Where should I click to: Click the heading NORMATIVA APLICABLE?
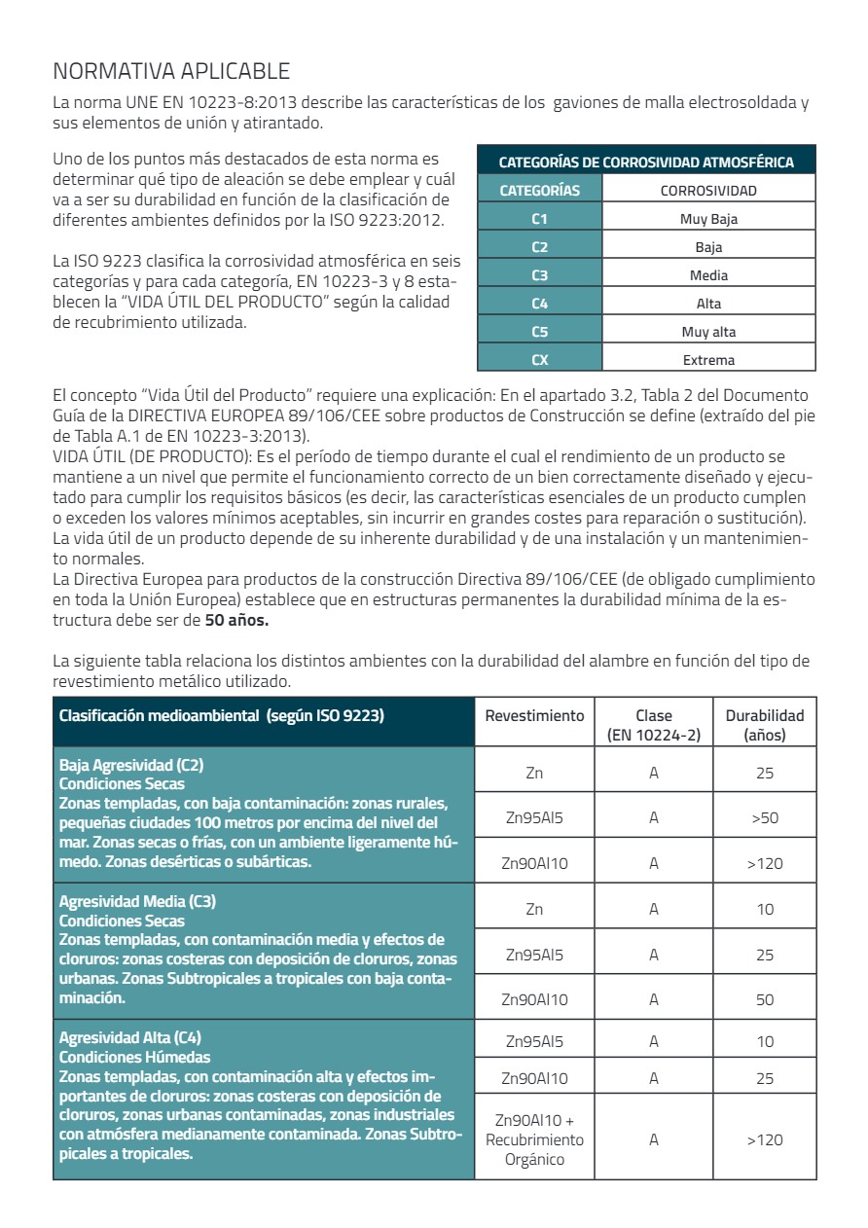(170, 71)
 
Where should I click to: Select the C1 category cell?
(540, 219)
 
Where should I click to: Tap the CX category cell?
(540, 360)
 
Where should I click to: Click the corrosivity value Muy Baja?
(708, 219)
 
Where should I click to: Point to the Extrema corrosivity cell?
(708, 360)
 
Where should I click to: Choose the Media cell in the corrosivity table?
(708, 275)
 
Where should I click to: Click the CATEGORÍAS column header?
(540, 191)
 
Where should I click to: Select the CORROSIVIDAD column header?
(708, 191)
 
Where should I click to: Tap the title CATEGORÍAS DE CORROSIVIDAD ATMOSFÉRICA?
(646, 163)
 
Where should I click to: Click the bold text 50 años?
(236, 619)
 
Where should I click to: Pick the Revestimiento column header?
(534, 715)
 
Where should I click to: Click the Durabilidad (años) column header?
(765, 725)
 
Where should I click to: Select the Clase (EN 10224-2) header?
(654, 725)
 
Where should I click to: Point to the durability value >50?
(765, 818)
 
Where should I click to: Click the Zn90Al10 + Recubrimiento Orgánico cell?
(534, 1139)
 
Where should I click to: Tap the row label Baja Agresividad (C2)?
(131, 765)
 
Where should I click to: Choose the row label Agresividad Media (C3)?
(137, 901)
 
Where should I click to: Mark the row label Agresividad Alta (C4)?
(130, 1037)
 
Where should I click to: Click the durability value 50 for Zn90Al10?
(765, 999)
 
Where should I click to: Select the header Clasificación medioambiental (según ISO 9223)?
(222, 716)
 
